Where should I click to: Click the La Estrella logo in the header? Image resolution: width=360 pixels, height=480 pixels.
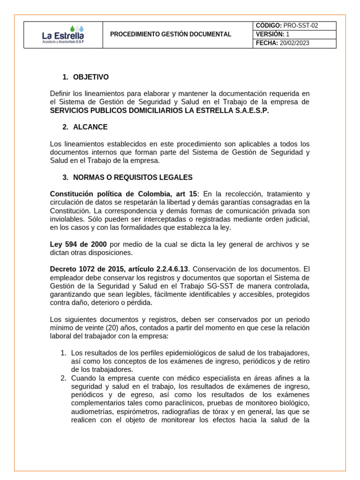pos(63,35)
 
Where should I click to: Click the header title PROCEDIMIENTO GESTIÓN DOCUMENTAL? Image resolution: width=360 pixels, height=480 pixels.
pos(171,35)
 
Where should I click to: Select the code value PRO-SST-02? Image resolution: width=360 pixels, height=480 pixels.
pos(301,26)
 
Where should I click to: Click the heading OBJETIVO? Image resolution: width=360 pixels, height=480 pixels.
pos(91,77)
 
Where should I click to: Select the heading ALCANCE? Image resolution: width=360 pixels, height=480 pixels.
pos(90,127)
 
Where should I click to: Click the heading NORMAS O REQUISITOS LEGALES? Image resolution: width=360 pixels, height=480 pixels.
pos(133,177)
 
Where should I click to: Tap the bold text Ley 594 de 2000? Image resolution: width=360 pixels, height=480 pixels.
pos(78,244)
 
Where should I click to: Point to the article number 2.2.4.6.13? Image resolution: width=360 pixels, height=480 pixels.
pos(169,269)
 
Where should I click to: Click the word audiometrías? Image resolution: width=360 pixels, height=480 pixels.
pos(91,412)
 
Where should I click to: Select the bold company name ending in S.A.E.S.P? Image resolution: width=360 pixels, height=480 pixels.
pos(159,110)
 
